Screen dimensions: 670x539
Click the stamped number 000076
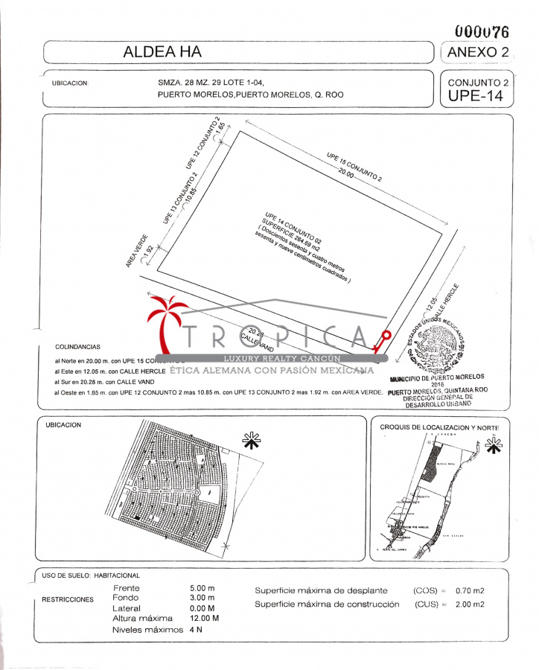[482, 32]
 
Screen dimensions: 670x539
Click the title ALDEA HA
[162, 52]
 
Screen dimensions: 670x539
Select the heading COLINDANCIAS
[78, 347]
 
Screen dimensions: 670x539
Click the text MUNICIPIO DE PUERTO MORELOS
[437, 377]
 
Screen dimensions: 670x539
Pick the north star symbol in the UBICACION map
[252, 441]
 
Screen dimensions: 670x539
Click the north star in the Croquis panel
[492, 445]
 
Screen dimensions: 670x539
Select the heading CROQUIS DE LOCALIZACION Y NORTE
[439, 427]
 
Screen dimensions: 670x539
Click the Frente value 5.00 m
[202, 588]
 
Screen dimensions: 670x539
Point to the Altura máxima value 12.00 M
[205, 619]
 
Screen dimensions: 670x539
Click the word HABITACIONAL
[118, 575]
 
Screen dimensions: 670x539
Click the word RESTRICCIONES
[68, 599]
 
